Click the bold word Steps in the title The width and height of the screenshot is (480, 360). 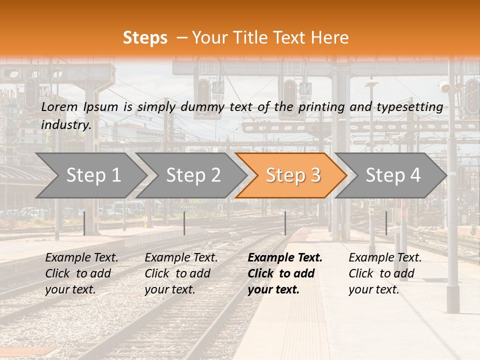tap(145, 37)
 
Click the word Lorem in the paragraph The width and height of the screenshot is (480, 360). tap(59, 106)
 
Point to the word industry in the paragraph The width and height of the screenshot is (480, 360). tap(65, 125)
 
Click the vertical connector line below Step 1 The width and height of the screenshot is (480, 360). tap(84, 223)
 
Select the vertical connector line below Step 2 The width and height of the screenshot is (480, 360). tap(184, 223)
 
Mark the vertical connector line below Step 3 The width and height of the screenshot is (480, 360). tap(285, 223)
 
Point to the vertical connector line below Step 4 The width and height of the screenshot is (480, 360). tap(386, 223)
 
